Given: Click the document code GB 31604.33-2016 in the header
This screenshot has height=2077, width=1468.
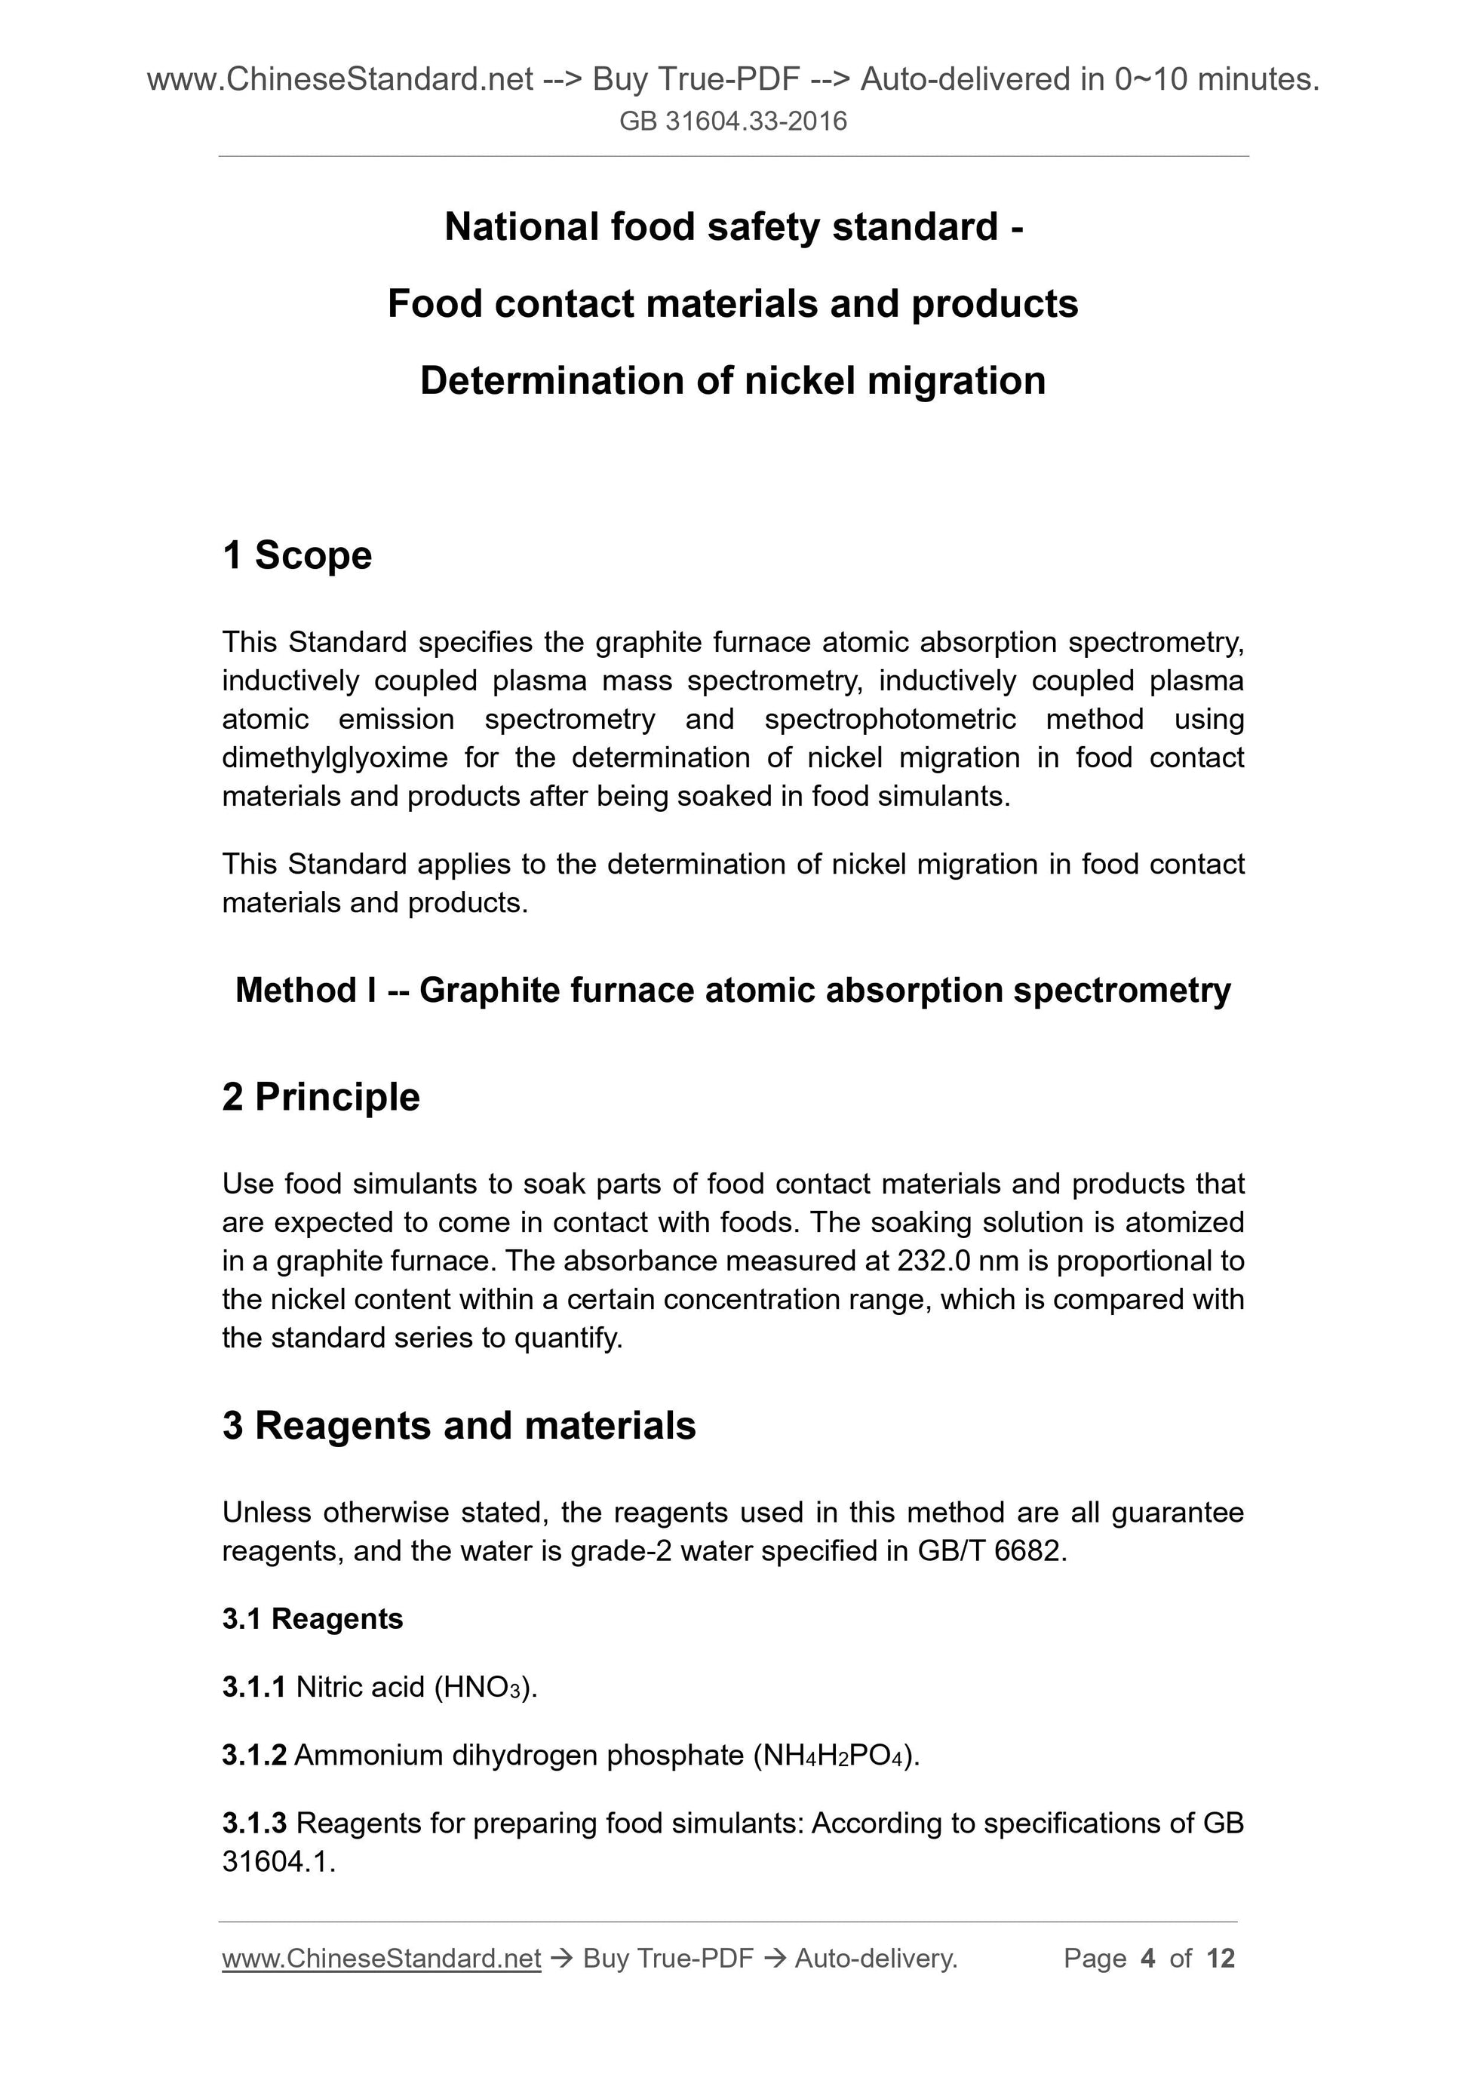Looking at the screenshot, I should coord(732,121).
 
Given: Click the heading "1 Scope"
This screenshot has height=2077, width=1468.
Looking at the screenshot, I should coord(296,555).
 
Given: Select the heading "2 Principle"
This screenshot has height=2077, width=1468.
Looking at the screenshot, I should coord(321,1096).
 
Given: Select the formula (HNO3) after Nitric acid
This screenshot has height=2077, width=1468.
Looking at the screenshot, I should coord(486,1687).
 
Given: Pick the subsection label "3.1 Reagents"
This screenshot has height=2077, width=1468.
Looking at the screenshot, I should coord(312,1618).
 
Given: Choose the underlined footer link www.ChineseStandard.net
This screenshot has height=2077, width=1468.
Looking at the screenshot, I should coord(381,1959).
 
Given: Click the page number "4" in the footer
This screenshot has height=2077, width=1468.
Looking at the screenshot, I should coord(1148,1959).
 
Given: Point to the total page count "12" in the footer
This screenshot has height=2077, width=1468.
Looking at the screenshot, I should coord(1220,1959).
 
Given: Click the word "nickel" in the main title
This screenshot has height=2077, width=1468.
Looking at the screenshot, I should coord(799,381).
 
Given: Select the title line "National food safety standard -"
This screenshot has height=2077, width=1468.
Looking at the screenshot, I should coord(733,226).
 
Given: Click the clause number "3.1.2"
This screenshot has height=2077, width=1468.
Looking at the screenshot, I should coord(254,1755).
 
